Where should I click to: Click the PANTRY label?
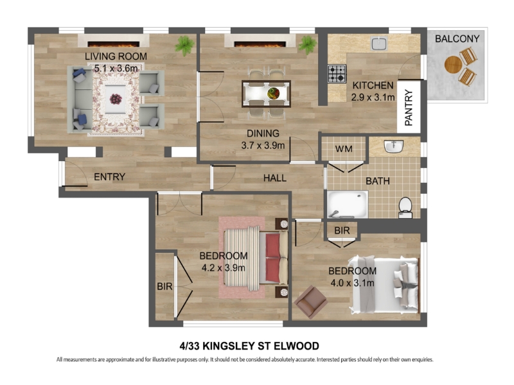(409, 108)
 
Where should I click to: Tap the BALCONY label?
(457, 39)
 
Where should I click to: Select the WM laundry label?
(344, 150)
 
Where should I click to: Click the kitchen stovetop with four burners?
(337, 74)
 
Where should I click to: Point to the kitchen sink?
(379, 44)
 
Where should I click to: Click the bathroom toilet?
(405, 207)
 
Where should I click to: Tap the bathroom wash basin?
(394, 147)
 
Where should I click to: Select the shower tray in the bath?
(348, 205)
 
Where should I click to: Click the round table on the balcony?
(453, 65)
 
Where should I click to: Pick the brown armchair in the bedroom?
(311, 302)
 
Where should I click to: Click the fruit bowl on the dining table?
(274, 93)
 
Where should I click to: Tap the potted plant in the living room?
(185, 45)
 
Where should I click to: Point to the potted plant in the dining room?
(308, 45)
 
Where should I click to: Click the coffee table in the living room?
(116, 99)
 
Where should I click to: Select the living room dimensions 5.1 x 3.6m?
(116, 69)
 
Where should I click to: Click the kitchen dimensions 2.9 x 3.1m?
(373, 98)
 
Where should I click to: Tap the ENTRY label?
(109, 177)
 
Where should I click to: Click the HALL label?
(275, 178)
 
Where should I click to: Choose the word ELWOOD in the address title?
(296, 346)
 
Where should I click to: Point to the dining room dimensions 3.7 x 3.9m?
(263, 146)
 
